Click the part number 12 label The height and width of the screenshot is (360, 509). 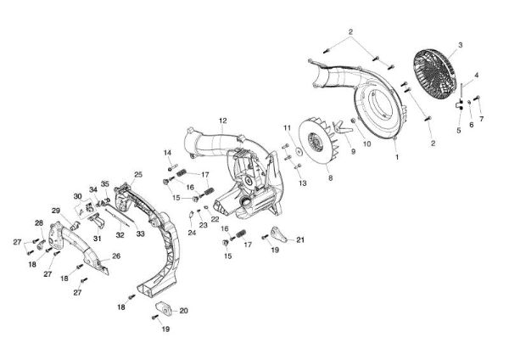tap(223, 121)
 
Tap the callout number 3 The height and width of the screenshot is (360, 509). tap(461, 45)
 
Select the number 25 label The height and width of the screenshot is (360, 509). tap(138, 174)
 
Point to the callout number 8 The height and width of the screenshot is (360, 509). tap(331, 178)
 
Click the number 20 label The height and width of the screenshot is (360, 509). tap(184, 311)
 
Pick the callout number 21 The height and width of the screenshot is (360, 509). tap(300, 240)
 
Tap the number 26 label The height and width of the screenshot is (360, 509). tap(116, 256)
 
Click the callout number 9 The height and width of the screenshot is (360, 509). tap(353, 151)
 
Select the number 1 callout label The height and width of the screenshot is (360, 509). tap(397, 156)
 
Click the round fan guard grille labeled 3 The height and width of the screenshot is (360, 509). tap(433, 72)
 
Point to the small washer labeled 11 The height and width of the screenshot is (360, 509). tap(298, 151)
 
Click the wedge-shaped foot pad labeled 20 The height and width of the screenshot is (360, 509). tap(164, 308)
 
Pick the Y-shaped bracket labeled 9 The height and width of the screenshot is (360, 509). tap(342, 127)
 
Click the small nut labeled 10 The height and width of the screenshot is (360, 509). tap(353, 121)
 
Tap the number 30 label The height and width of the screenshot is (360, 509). tap(77, 196)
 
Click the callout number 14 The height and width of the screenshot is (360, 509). tap(167, 153)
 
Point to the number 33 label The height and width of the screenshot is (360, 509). tap(140, 234)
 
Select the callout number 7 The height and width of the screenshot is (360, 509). tap(481, 119)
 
